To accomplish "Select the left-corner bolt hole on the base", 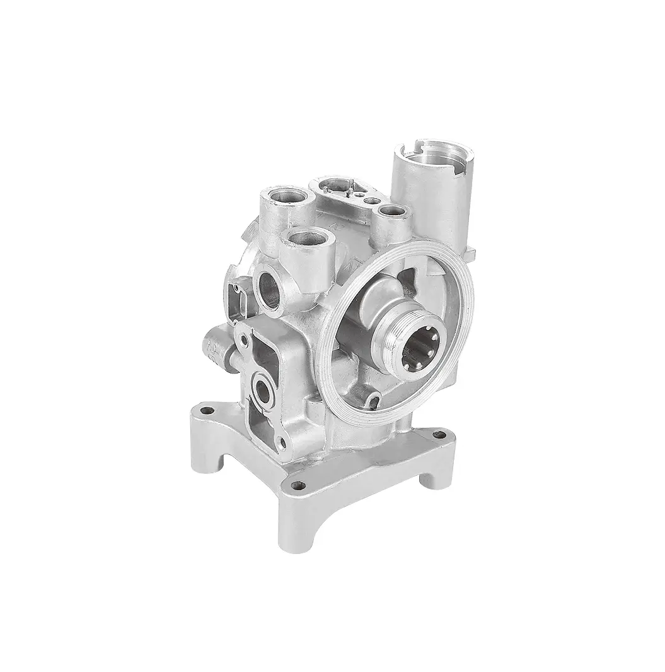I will click(203, 411).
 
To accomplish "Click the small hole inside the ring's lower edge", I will click(373, 399).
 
